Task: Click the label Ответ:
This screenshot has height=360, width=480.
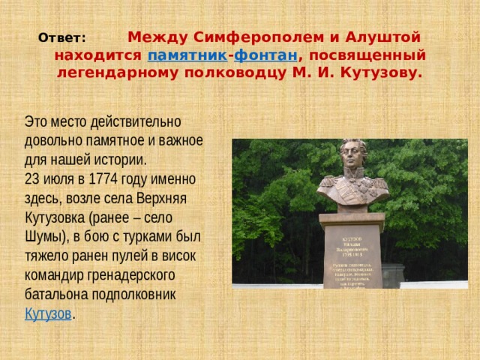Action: click(x=62, y=37)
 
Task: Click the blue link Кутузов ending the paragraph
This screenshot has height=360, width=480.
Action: click(x=48, y=313)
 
